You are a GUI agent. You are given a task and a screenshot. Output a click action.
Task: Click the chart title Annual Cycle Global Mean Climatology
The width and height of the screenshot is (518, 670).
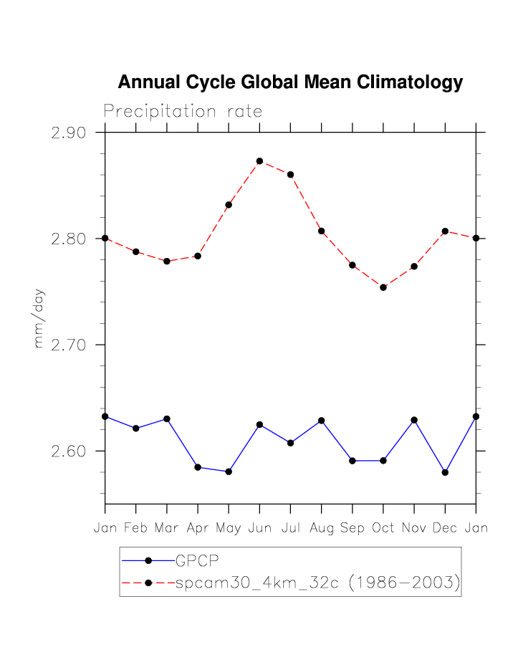tap(290, 82)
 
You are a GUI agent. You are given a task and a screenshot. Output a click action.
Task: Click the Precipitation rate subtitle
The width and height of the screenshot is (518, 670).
tap(183, 112)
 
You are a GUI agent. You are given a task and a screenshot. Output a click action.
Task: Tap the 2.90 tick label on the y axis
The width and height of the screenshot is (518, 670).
tap(69, 133)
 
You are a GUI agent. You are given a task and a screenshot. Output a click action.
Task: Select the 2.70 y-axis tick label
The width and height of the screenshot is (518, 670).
tap(69, 345)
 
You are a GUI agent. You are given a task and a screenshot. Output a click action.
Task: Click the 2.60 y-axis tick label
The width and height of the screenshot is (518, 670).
tap(69, 451)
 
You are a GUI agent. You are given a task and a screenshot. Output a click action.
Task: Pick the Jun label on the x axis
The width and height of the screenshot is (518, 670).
tap(259, 528)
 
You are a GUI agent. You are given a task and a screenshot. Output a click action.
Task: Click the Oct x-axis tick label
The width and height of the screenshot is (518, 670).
tap(383, 528)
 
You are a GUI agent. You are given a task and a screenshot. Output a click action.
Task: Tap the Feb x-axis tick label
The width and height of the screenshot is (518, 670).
tap(135, 528)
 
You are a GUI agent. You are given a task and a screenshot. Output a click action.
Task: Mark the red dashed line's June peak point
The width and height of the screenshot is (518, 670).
tap(259, 161)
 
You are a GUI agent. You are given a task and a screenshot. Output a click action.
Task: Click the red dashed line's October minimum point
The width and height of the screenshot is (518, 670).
tap(383, 287)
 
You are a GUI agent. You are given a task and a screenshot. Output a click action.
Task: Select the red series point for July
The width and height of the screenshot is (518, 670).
tap(290, 175)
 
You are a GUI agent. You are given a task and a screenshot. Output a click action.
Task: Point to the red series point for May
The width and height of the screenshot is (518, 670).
tap(229, 205)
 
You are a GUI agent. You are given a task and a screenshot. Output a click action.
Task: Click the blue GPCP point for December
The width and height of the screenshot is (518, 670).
tap(445, 472)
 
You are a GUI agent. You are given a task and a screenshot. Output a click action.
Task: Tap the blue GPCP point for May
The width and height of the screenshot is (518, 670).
tap(229, 472)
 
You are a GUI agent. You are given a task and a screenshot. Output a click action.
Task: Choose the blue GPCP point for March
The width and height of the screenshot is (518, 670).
tap(167, 418)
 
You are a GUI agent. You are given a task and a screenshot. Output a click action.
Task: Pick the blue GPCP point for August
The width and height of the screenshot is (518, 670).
tap(321, 421)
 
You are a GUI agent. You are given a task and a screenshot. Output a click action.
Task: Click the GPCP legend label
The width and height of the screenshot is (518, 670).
tap(198, 561)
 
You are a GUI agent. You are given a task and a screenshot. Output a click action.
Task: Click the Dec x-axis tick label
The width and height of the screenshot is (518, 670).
tap(445, 528)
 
